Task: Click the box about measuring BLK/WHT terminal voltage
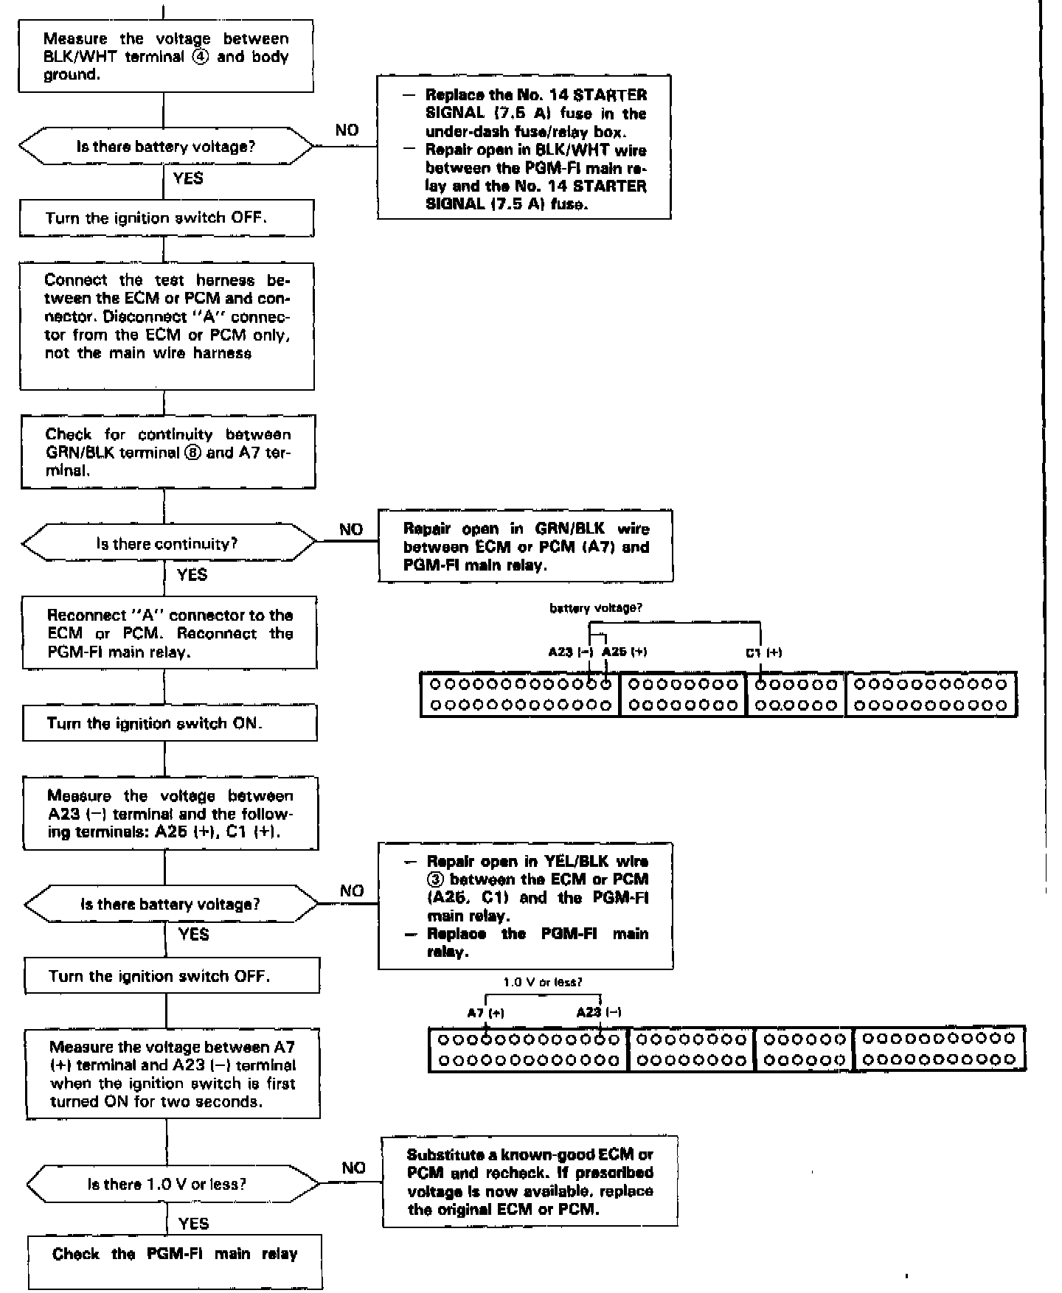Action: (x=166, y=56)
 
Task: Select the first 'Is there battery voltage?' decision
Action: (x=166, y=147)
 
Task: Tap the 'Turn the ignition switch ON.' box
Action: (x=170, y=723)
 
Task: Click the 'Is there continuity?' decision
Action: (x=167, y=544)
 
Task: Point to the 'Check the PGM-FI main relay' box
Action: (x=175, y=1254)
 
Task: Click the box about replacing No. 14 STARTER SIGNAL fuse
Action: (x=524, y=147)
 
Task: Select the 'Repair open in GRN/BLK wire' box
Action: (x=526, y=546)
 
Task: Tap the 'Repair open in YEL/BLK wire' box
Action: (x=526, y=906)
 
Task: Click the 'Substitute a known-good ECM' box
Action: (x=530, y=1182)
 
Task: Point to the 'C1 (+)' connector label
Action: (x=763, y=652)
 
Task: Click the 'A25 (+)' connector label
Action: (x=625, y=652)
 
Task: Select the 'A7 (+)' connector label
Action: (x=486, y=1013)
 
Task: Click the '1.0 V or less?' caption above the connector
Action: (x=543, y=983)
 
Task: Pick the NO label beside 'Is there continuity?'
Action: (x=351, y=529)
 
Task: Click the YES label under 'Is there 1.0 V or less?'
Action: (x=194, y=1224)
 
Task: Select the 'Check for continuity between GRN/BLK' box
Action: (x=168, y=452)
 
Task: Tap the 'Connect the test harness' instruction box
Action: (x=167, y=326)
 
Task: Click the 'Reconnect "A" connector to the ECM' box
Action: (x=170, y=633)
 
